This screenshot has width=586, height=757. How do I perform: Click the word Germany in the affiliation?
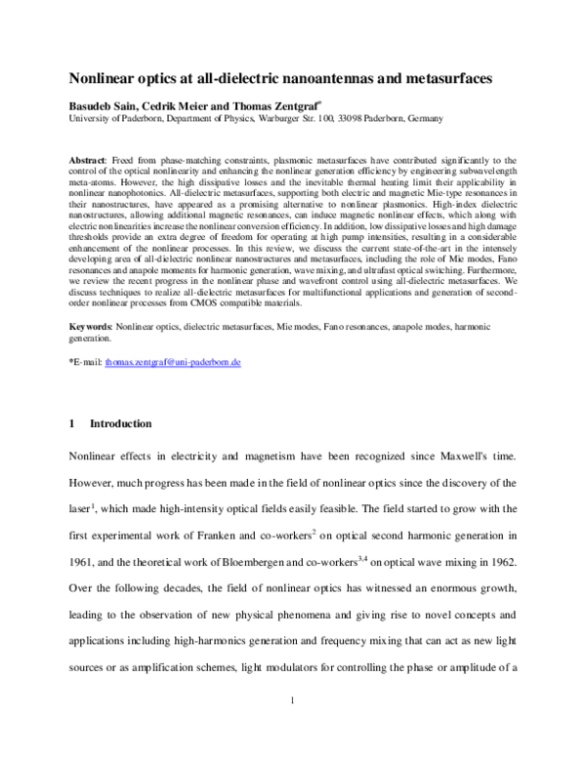(393, 118)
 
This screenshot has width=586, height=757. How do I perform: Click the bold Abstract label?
(89, 158)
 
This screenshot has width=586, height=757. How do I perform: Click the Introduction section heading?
(120, 424)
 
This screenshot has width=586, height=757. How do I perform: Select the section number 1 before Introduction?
(71, 424)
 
